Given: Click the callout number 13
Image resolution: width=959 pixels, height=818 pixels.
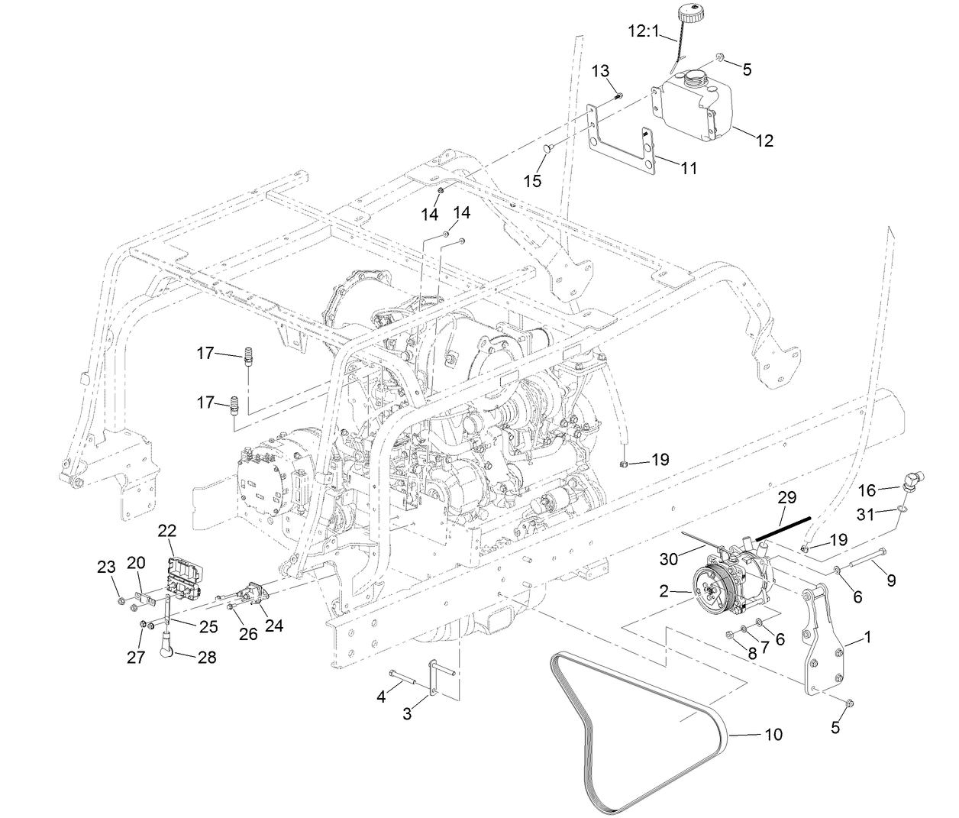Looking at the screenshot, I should click(601, 71).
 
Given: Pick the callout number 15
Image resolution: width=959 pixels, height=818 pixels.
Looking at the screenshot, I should click(532, 180).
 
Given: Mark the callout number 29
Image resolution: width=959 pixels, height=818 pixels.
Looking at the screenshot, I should click(786, 497).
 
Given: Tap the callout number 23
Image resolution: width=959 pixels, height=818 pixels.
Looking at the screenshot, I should click(106, 567).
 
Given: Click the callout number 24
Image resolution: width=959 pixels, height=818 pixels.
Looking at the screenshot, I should click(273, 625).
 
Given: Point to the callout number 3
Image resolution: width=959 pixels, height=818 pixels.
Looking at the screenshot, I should click(408, 714).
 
